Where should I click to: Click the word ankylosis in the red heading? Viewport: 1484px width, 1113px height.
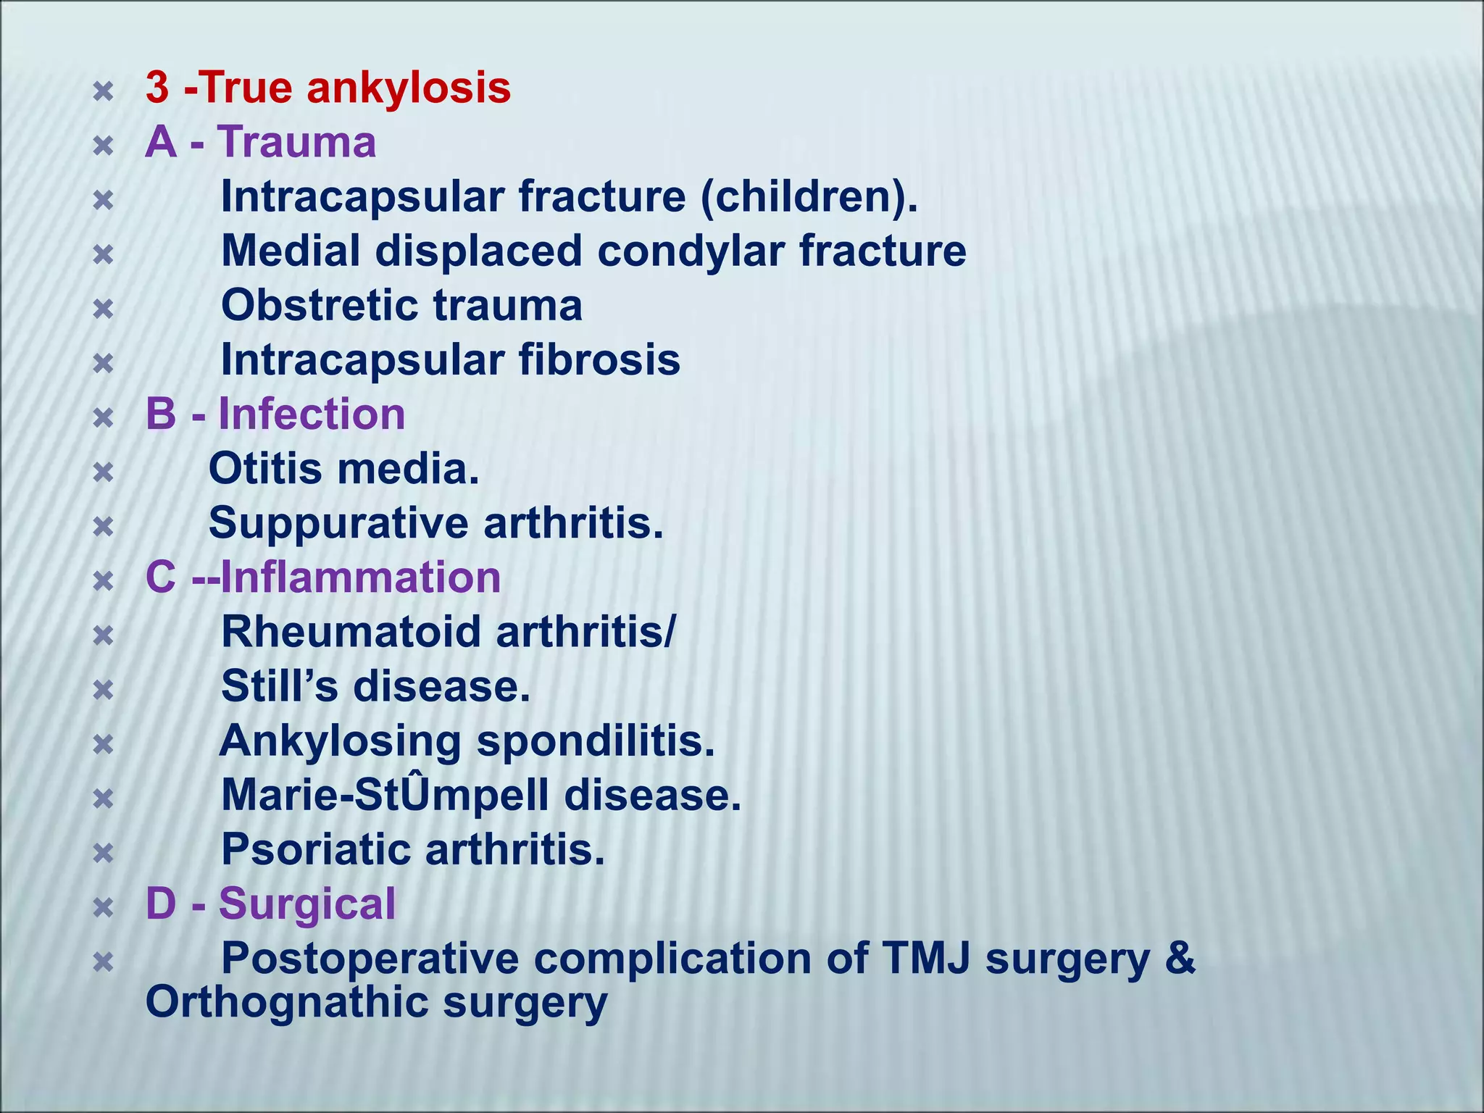click(x=409, y=88)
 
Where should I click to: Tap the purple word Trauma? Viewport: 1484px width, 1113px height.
click(x=297, y=142)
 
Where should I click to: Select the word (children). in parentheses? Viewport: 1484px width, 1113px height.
click(x=809, y=196)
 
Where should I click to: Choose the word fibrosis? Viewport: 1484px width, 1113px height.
click(x=599, y=359)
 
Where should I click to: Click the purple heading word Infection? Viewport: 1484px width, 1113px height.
click(x=312, y=414)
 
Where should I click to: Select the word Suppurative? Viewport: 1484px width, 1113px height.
click(x=338, y=523)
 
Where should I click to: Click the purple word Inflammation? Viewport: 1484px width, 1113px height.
click(x=360, y=578)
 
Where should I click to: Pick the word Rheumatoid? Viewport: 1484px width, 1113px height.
click(x=351, y=632)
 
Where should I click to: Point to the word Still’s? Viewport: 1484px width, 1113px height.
click(x=279, y=686)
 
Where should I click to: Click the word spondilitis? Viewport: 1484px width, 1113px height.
click(x=595, y=741)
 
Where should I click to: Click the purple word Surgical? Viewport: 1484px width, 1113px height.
click(x=307, y=904)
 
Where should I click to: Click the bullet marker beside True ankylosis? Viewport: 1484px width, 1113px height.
click(x=104, y=91)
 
